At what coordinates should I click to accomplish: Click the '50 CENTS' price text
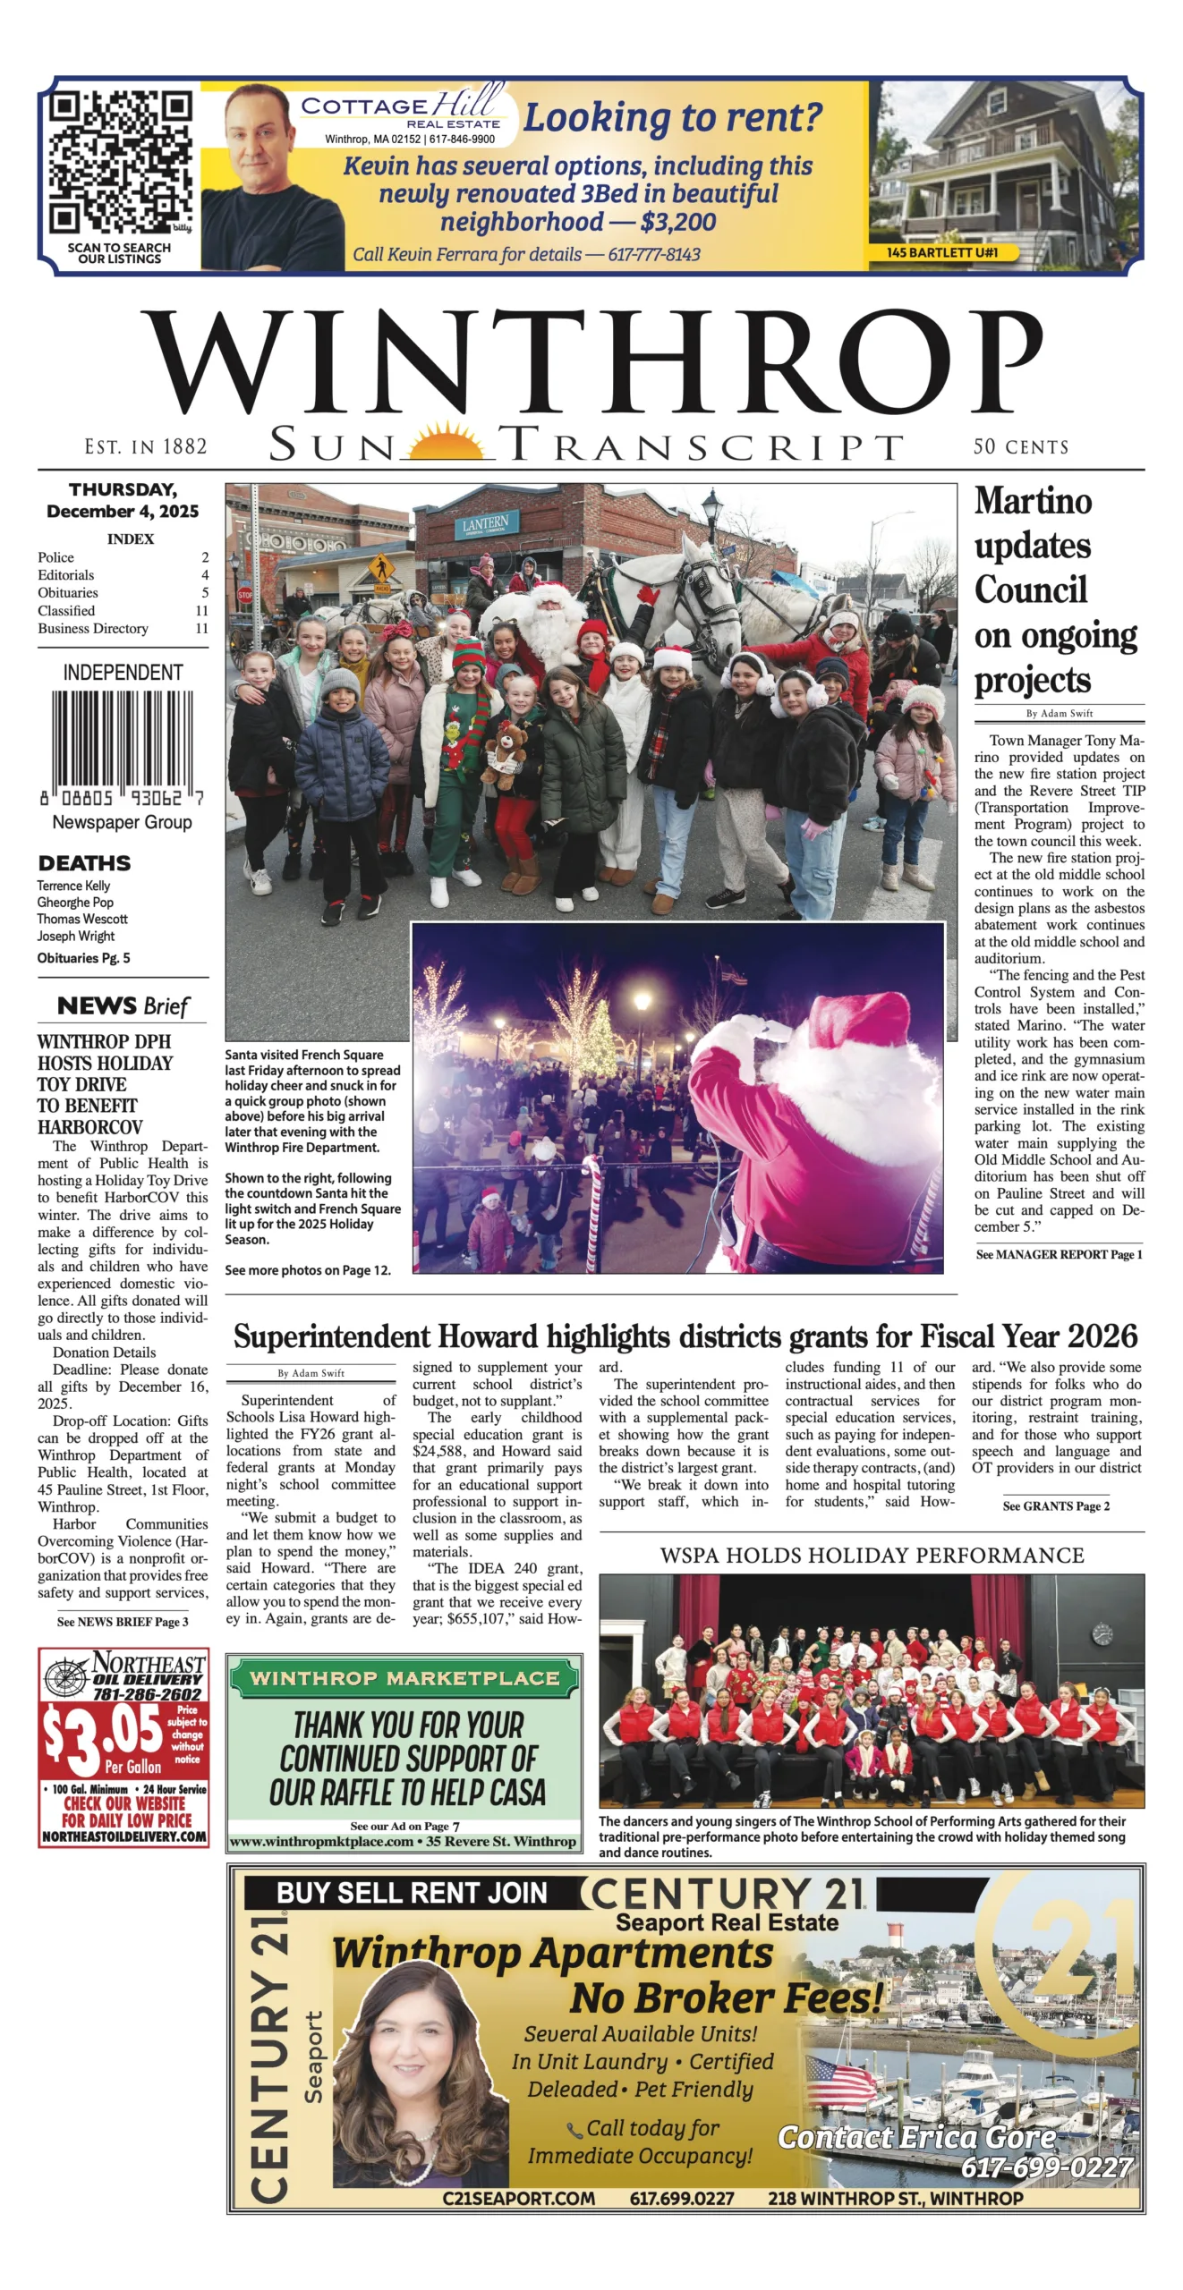tap(1020, 446)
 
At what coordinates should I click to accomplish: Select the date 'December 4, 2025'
tap(123, 512)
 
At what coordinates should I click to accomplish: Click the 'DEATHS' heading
tap(84, 863)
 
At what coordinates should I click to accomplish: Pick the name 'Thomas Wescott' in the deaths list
tap(82, 919)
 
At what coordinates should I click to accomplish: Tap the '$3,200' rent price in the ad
tap(677, 222)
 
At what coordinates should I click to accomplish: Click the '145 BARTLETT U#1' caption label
tap(941, 253)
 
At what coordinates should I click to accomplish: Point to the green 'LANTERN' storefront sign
tap(485, 524)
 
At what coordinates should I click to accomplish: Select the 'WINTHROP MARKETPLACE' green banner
tap(404, 1678)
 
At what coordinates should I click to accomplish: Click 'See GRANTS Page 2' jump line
tap(1056, 1506)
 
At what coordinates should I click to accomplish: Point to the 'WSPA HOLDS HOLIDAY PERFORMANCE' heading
tap(872, 1556)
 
